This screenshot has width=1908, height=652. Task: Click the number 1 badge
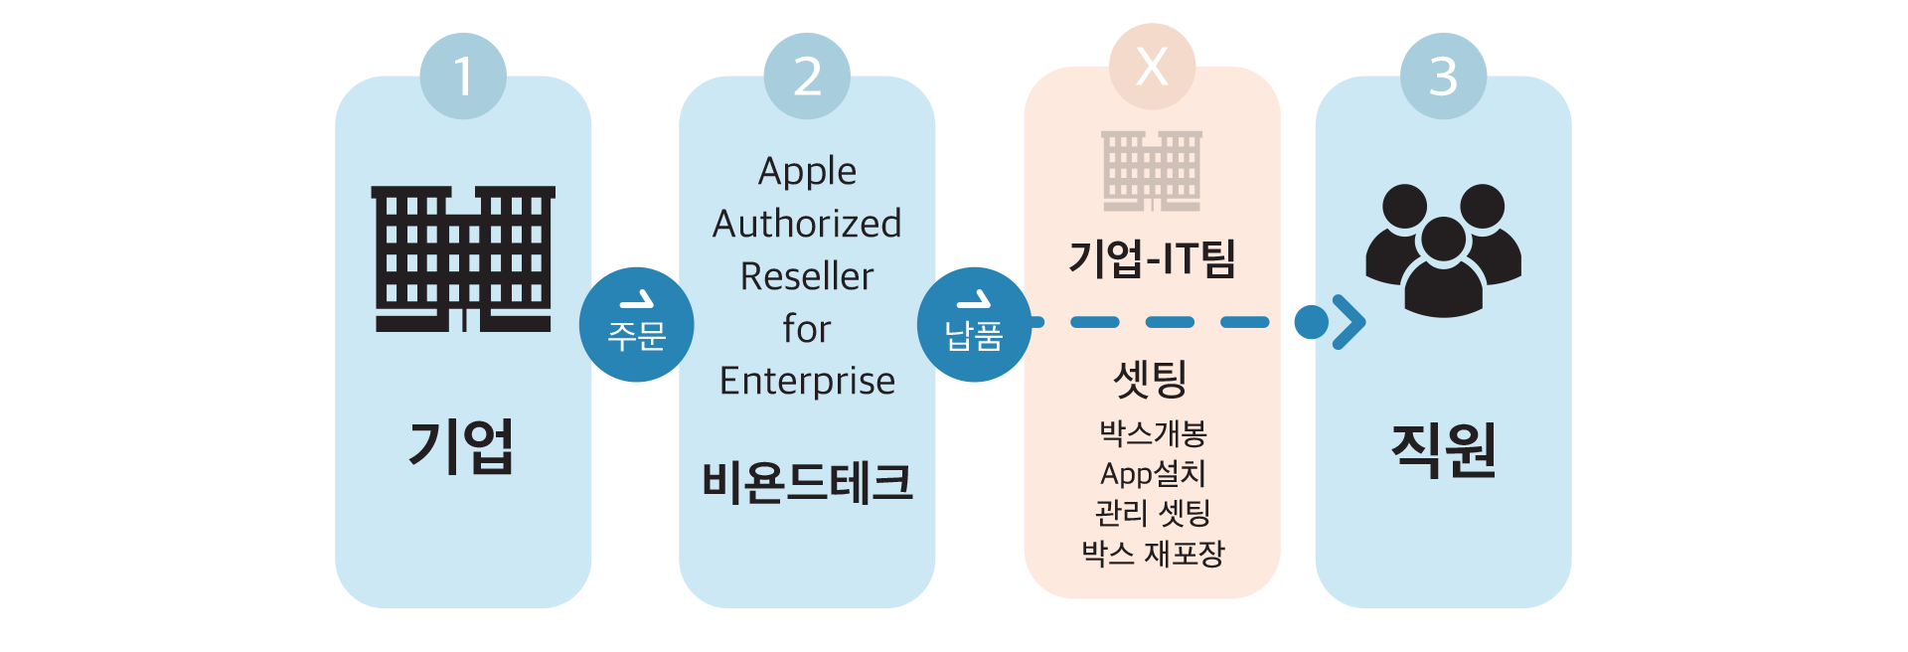463,77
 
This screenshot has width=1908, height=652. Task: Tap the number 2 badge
807,77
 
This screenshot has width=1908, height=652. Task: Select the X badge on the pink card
1152,67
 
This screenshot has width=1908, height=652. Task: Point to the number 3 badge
1443,77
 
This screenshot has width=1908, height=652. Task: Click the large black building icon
463,258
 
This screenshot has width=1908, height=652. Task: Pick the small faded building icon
1152,170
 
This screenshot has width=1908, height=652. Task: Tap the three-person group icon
1443,250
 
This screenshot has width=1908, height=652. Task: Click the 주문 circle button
636,324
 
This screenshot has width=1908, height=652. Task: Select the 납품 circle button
974,324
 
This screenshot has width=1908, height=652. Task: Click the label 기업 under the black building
462,446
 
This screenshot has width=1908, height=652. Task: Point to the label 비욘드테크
807,482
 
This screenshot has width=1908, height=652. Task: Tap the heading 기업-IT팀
1152,258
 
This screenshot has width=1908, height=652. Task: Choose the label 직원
1443,450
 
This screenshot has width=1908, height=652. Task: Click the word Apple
807,172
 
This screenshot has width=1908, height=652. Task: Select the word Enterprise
807,381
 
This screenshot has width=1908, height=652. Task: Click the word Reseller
807,276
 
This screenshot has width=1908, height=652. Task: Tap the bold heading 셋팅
1151,379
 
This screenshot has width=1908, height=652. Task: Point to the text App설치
1153,473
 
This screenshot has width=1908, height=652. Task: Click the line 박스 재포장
1153,553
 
